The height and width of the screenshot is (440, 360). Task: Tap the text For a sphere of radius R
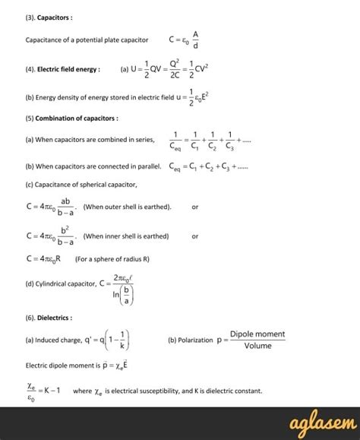tap(112, 258)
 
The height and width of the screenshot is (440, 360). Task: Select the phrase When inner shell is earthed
tap(125, 236)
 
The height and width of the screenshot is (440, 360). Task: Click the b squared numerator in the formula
tap(66, 229)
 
